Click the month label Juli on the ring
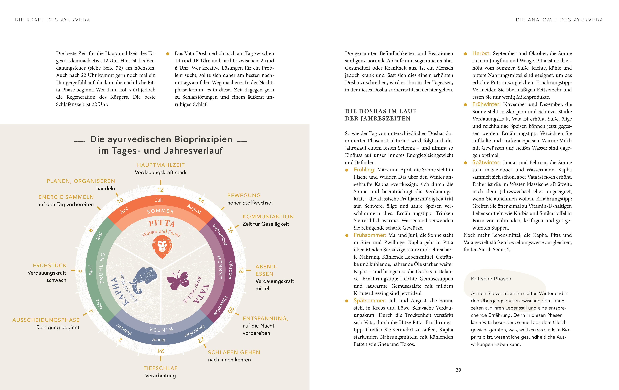point(159,200)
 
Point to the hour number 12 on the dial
point(160,190)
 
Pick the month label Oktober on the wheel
point(231,270)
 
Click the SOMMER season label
point(160,211)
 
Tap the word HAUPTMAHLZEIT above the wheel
point(161,165)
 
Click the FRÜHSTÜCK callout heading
point(50,265)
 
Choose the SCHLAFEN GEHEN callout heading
point(234,352)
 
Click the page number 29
point(458,370)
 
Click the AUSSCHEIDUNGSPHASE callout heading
point(46,320)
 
